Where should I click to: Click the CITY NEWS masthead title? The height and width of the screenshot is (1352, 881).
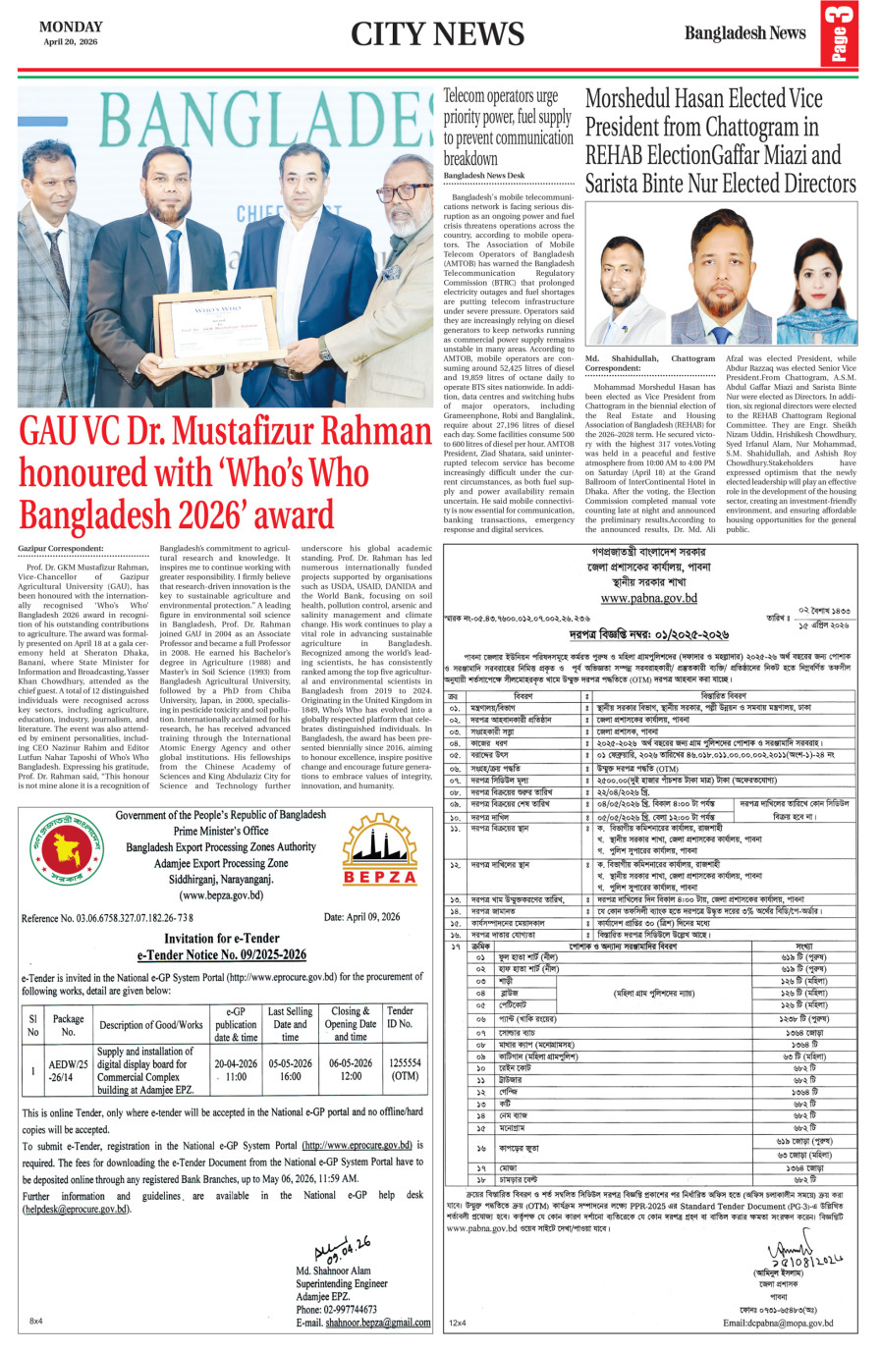[437, 34]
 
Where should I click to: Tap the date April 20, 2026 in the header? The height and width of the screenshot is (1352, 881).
[70, 41]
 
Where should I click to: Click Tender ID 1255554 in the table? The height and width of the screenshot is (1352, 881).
[404, 1069]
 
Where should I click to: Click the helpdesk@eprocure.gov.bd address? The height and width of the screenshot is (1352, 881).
[76, 1209]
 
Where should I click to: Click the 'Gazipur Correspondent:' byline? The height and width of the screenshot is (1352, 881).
[61, 548]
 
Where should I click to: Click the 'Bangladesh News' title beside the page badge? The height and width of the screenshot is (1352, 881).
[744, 33]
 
